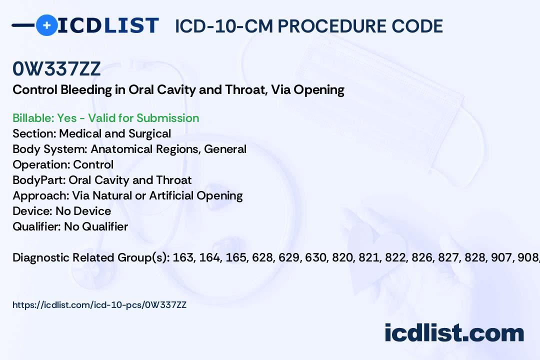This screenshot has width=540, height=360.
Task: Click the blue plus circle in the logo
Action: pos(46,25)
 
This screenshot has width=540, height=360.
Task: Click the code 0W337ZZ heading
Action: pos(56,69)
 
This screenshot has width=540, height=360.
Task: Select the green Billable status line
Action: pos(105,118)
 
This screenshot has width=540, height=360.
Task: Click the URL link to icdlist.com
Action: pos(99,305)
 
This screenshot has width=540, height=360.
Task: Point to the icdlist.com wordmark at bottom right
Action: pos(454,333)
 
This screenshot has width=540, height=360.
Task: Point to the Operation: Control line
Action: pos(63,164)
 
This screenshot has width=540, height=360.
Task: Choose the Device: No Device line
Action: pos(62,211)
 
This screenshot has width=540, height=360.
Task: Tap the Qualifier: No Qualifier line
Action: pos(70,226)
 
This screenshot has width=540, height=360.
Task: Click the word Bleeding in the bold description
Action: pos(86,90)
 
